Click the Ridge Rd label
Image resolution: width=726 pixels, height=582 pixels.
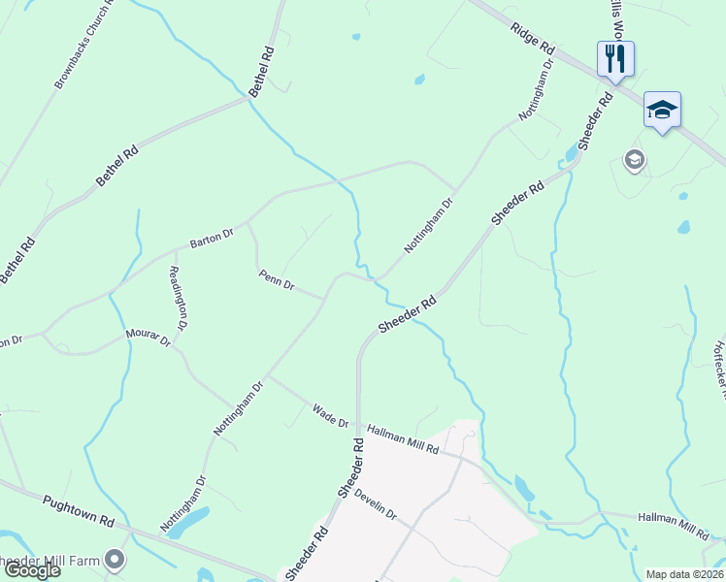click(x=533, y=38)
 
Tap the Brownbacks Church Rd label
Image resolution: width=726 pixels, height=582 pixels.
click(x=84, y=44)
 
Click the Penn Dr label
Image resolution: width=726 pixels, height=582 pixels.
click(x=277, y=280)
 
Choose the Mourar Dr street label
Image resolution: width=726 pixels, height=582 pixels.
click(x=148, y=339)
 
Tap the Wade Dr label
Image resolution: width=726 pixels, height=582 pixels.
click(x=331, y=416)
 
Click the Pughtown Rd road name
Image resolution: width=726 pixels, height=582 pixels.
click(x=79, y=510)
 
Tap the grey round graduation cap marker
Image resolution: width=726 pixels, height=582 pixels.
click(x=635, y=160)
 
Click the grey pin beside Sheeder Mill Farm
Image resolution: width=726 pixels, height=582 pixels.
click(x=115, y=560)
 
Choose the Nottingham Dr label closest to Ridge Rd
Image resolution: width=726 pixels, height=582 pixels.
click(x=536, y=90)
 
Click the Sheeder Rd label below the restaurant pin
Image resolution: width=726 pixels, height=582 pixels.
click(x=596, y=120)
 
